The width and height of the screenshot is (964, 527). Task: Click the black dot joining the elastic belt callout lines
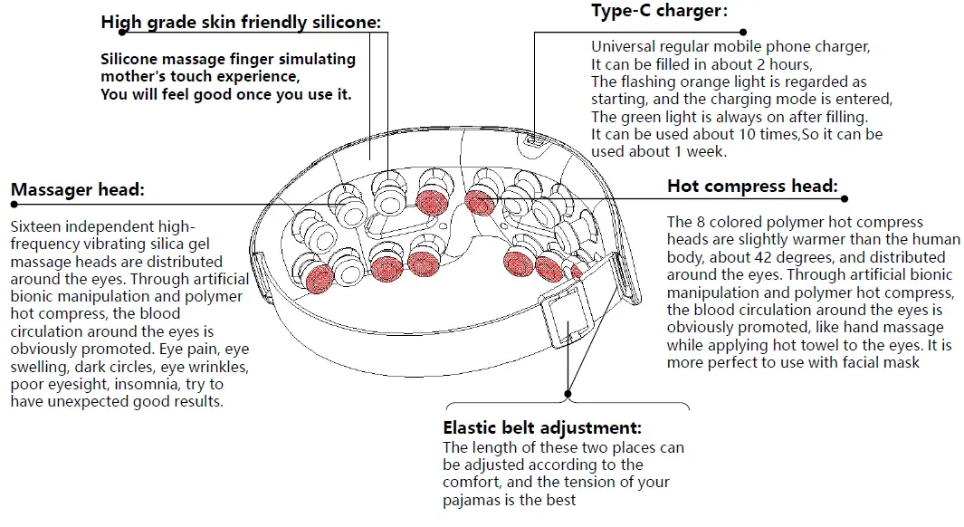click(568, 394)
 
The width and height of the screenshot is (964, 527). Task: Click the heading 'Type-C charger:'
click(659, 11)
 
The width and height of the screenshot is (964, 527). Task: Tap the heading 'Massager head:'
click(77, 189)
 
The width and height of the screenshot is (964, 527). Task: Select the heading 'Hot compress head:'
click(751, 186)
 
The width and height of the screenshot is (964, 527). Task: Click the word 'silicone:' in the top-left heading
click(341, 22)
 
